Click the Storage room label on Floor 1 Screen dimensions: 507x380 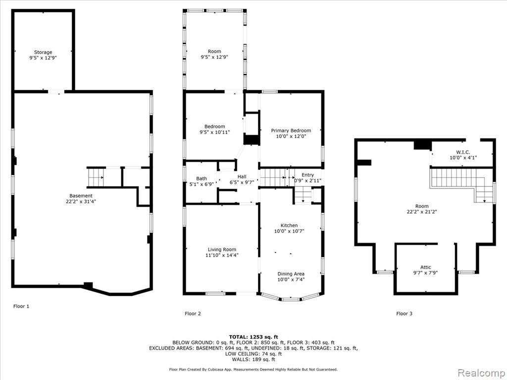pyautogui.click(x=43, y=52)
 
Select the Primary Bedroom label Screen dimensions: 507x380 pyautogui.click(x=291, y=131)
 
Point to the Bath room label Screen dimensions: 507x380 pyautogui.click(x=202, y=178)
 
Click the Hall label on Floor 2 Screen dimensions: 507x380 pyautogui.click(x=242, y=177)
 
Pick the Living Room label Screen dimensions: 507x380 pyautogui.click(x=222, y=249)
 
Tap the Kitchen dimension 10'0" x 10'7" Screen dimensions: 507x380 pyautogui.click(x=289, y=231)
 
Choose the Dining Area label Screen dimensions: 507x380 pyautogui.click(x=291, y=274)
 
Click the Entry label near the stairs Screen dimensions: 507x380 pyautogui.click(x=307, y=175)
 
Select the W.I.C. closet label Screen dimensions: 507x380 pyautogui.click(x=463, y=152)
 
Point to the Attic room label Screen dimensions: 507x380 pyautogui.click(x=425, y=267)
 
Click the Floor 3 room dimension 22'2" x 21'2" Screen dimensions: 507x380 pyautogui.click(x=422, y=212)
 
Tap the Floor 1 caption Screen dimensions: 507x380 pyautogui.click(x=21, y=306)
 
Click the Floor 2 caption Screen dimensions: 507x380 pyautogui.click(x=193, y=313)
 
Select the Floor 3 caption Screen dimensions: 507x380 pyautogui.click(x=404, y=313)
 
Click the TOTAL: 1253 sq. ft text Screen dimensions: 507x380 pyautogui.click(x=253, y=336)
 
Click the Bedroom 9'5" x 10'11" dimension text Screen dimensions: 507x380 pyautogui.click(x=214, y=132)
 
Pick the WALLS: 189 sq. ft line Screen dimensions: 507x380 pyautogui.click(x=253, y=359)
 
